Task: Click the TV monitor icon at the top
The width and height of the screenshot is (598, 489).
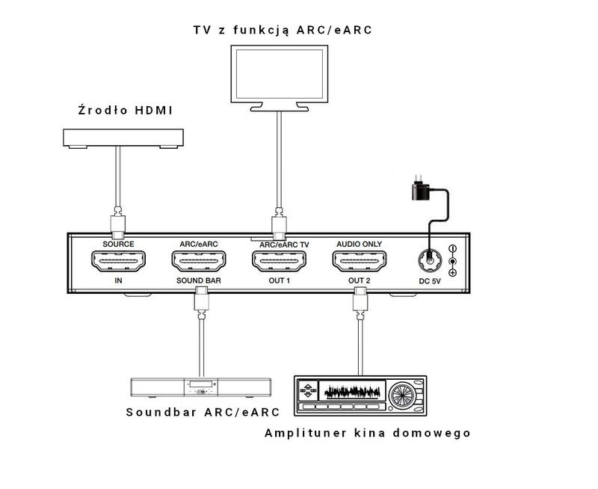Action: pyautogui.click(x=278, y=76)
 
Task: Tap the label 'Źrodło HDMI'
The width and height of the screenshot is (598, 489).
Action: pyautogui.click(x=125, y=111)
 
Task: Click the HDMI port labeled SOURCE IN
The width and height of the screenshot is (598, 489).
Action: pyautogui.click(x=118, y=262)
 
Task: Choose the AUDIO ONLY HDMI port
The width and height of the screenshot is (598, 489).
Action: pyautogui.click(x=359, y=262)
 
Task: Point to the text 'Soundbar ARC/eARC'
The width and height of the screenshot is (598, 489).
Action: pyautogui.click(x=203, y=412)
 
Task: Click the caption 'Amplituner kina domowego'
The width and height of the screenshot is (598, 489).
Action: pyautogui.click(x=368, y=433)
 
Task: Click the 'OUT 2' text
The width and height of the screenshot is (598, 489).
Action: pyautogui.click(x=360, y=281)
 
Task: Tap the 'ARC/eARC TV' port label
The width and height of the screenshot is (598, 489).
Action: pyautogui.click(x=283, y=244)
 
